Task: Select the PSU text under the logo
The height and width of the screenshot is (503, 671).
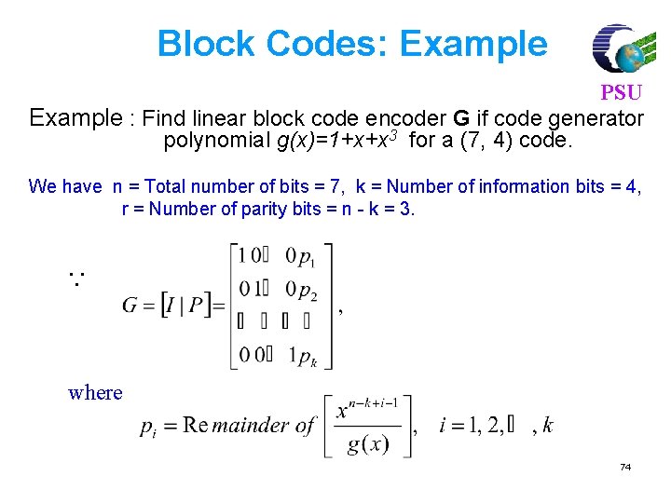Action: click(x=621, y=94)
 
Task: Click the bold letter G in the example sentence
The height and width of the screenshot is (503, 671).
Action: click(x=460, y=119)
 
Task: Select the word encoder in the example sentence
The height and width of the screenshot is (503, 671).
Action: click(x=413, y=119)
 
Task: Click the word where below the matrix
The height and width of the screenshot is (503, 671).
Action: click(x=95, y=392)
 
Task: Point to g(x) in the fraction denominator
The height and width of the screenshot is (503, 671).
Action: click(x=367, y=444)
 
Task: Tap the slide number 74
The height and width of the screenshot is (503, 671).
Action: click(x=624, y=467)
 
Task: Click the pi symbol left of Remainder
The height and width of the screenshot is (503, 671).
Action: click(x=148, y=428)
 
